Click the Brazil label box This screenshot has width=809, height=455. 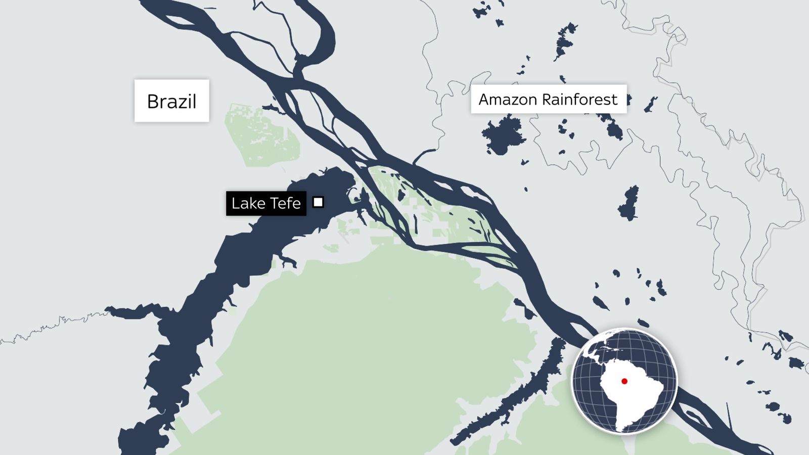[171, 101]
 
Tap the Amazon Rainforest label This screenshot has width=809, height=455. [548, 99]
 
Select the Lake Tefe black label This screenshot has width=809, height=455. [266, 203]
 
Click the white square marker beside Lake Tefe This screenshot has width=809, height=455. [318, 202]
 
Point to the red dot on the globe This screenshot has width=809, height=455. [624, 381]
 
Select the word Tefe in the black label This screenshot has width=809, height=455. [287, 203]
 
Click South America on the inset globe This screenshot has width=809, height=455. [637, 399]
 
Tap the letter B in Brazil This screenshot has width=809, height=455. [152, 102]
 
